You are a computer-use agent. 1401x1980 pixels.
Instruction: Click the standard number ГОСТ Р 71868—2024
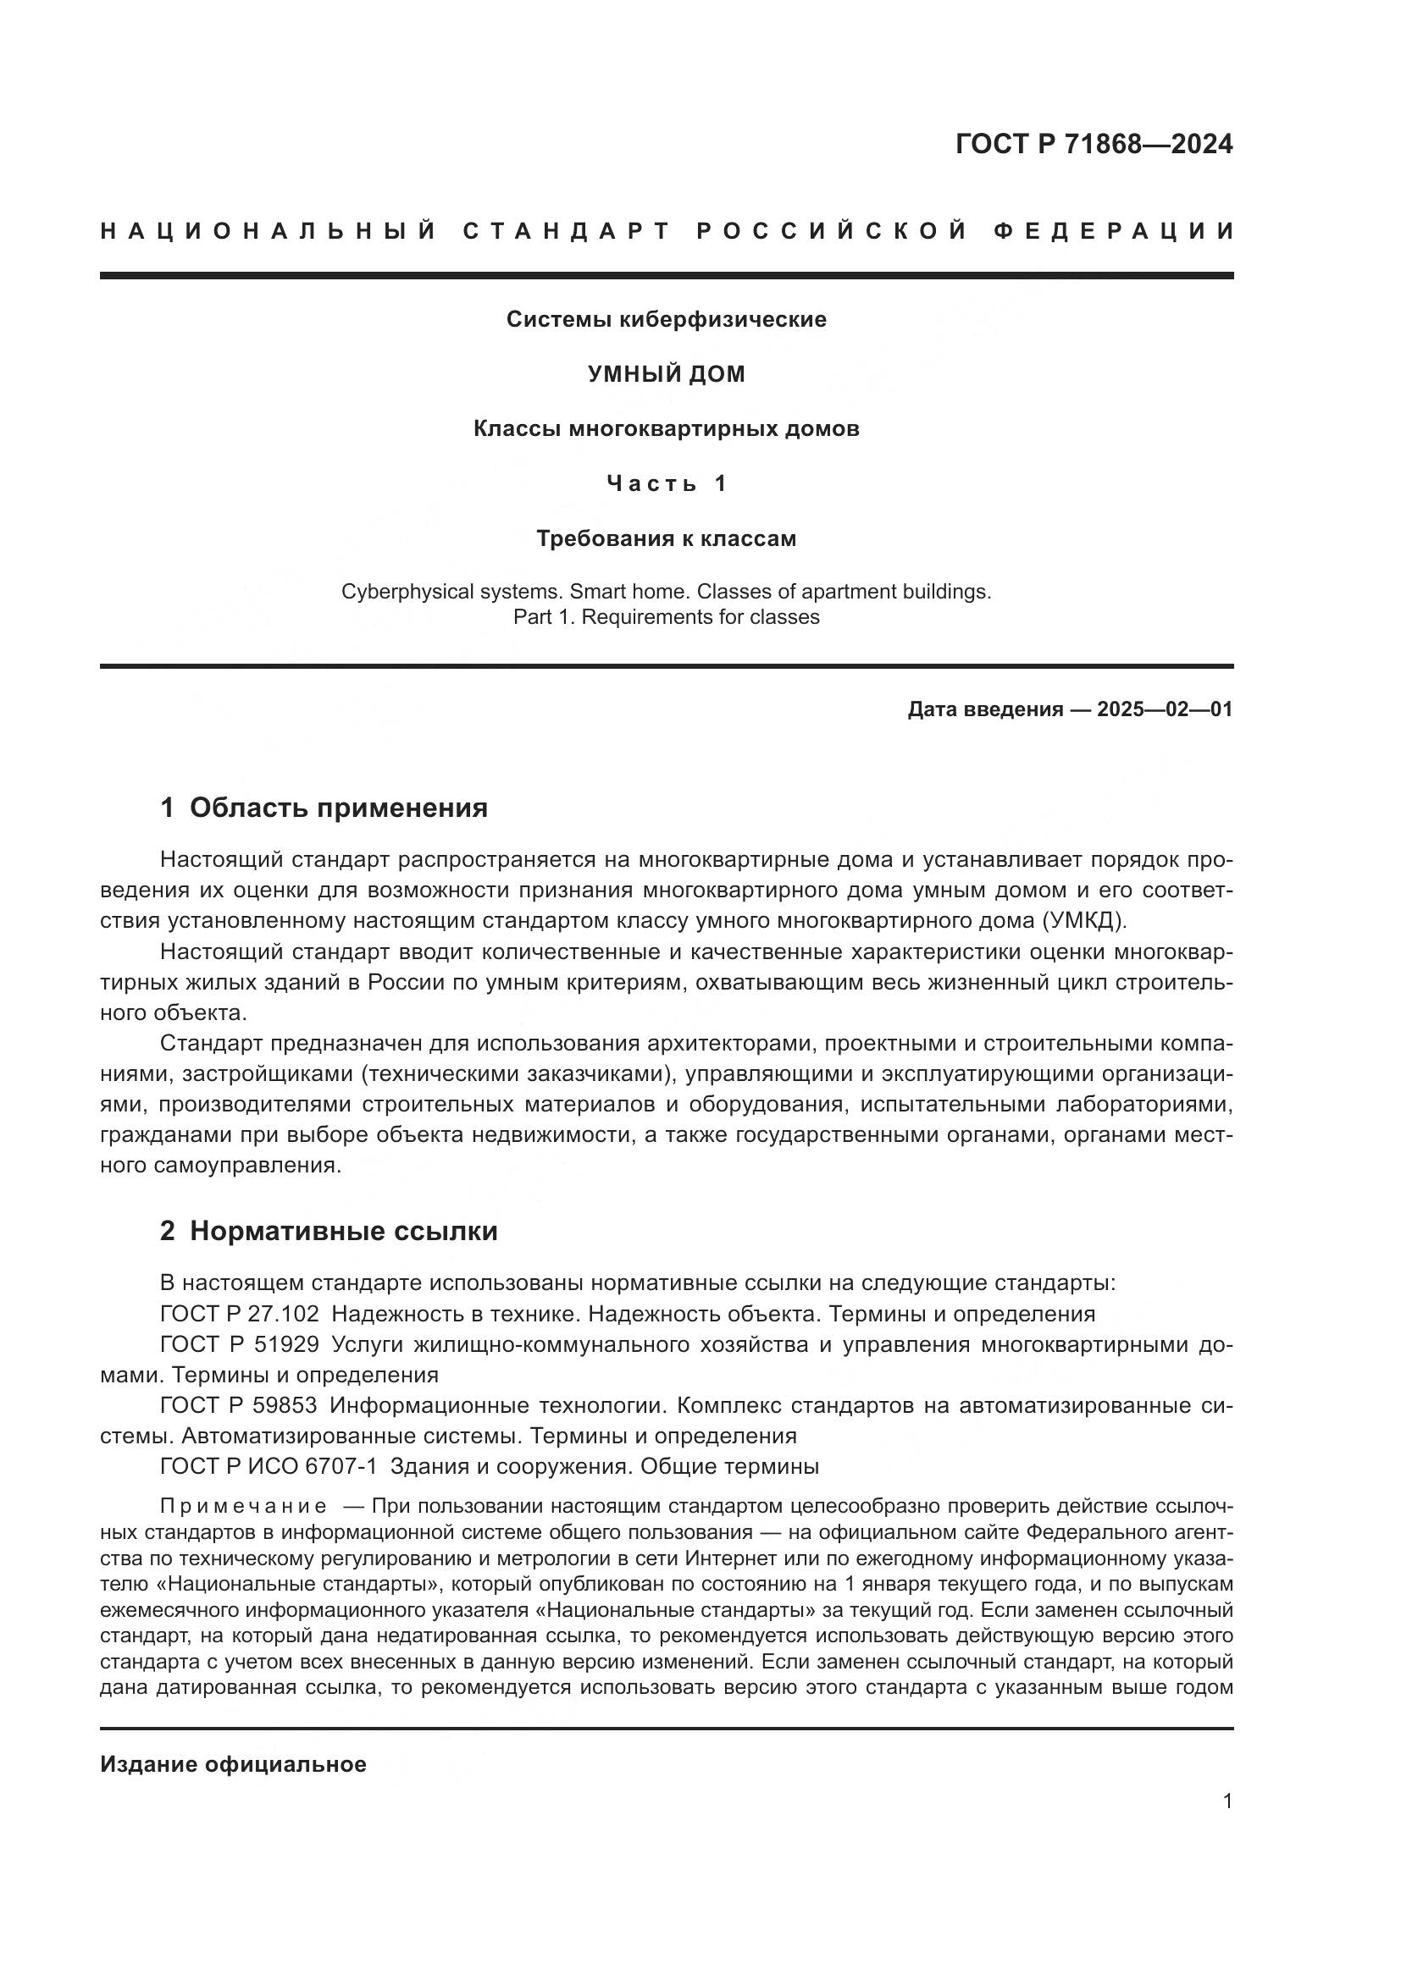coord(1094,144)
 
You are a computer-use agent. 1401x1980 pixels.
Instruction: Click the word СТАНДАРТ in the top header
coord(567,231)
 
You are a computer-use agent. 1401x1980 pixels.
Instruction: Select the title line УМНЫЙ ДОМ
coord(666,374)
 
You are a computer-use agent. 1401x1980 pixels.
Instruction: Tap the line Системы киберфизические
coord(666,320)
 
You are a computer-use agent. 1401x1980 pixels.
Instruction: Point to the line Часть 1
coord(666,484)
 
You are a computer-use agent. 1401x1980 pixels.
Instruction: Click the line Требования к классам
coord(666,539)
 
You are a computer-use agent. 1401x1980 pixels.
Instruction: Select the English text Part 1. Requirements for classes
coord(666,617)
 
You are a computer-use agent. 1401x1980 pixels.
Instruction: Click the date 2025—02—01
coord(1165,709)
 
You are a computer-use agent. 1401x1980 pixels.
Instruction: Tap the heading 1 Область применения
coord(324,808)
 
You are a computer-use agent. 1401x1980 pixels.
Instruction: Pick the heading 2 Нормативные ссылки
coord(329,1232)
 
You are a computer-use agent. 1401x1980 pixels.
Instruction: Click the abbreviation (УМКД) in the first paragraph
coord(1084,920)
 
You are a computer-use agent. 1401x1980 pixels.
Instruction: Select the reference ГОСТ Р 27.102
coord(239,1315)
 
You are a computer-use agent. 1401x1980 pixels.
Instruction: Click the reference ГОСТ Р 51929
coord(239,1344)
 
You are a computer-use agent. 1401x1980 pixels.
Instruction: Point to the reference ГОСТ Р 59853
coord(239,1406)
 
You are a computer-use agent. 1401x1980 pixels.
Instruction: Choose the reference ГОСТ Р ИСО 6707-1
coord(269,1466)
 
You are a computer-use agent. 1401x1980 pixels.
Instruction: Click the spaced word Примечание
coord(243,1507)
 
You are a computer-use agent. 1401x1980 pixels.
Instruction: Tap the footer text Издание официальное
coord(233,1764)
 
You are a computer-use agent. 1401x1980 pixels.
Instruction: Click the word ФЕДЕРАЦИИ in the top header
coord(1114,231)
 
